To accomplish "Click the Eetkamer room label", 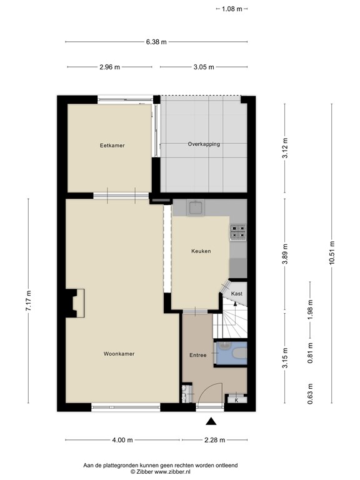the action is (112, 146).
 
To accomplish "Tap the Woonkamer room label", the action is (119, 354).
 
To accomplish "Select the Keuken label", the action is (201, 251).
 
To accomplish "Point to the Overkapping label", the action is (204, 144).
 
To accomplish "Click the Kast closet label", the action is (237, 293).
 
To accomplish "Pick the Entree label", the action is (197, 355).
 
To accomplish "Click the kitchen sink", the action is (196, 208).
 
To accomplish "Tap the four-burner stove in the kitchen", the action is (238, 232).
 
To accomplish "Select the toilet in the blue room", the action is (240, 354).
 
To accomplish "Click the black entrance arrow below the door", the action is (211, 421).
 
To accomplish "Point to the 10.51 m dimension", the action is (332, 253).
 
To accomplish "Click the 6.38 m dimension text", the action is (156, 42).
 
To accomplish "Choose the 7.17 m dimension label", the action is (29, 301).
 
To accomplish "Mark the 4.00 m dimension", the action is (122, 440).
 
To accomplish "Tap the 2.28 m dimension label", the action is (214, 440).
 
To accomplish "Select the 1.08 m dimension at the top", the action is (232, 9).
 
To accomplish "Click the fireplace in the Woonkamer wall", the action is (75, 303).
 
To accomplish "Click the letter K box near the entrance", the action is (236, 400).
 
